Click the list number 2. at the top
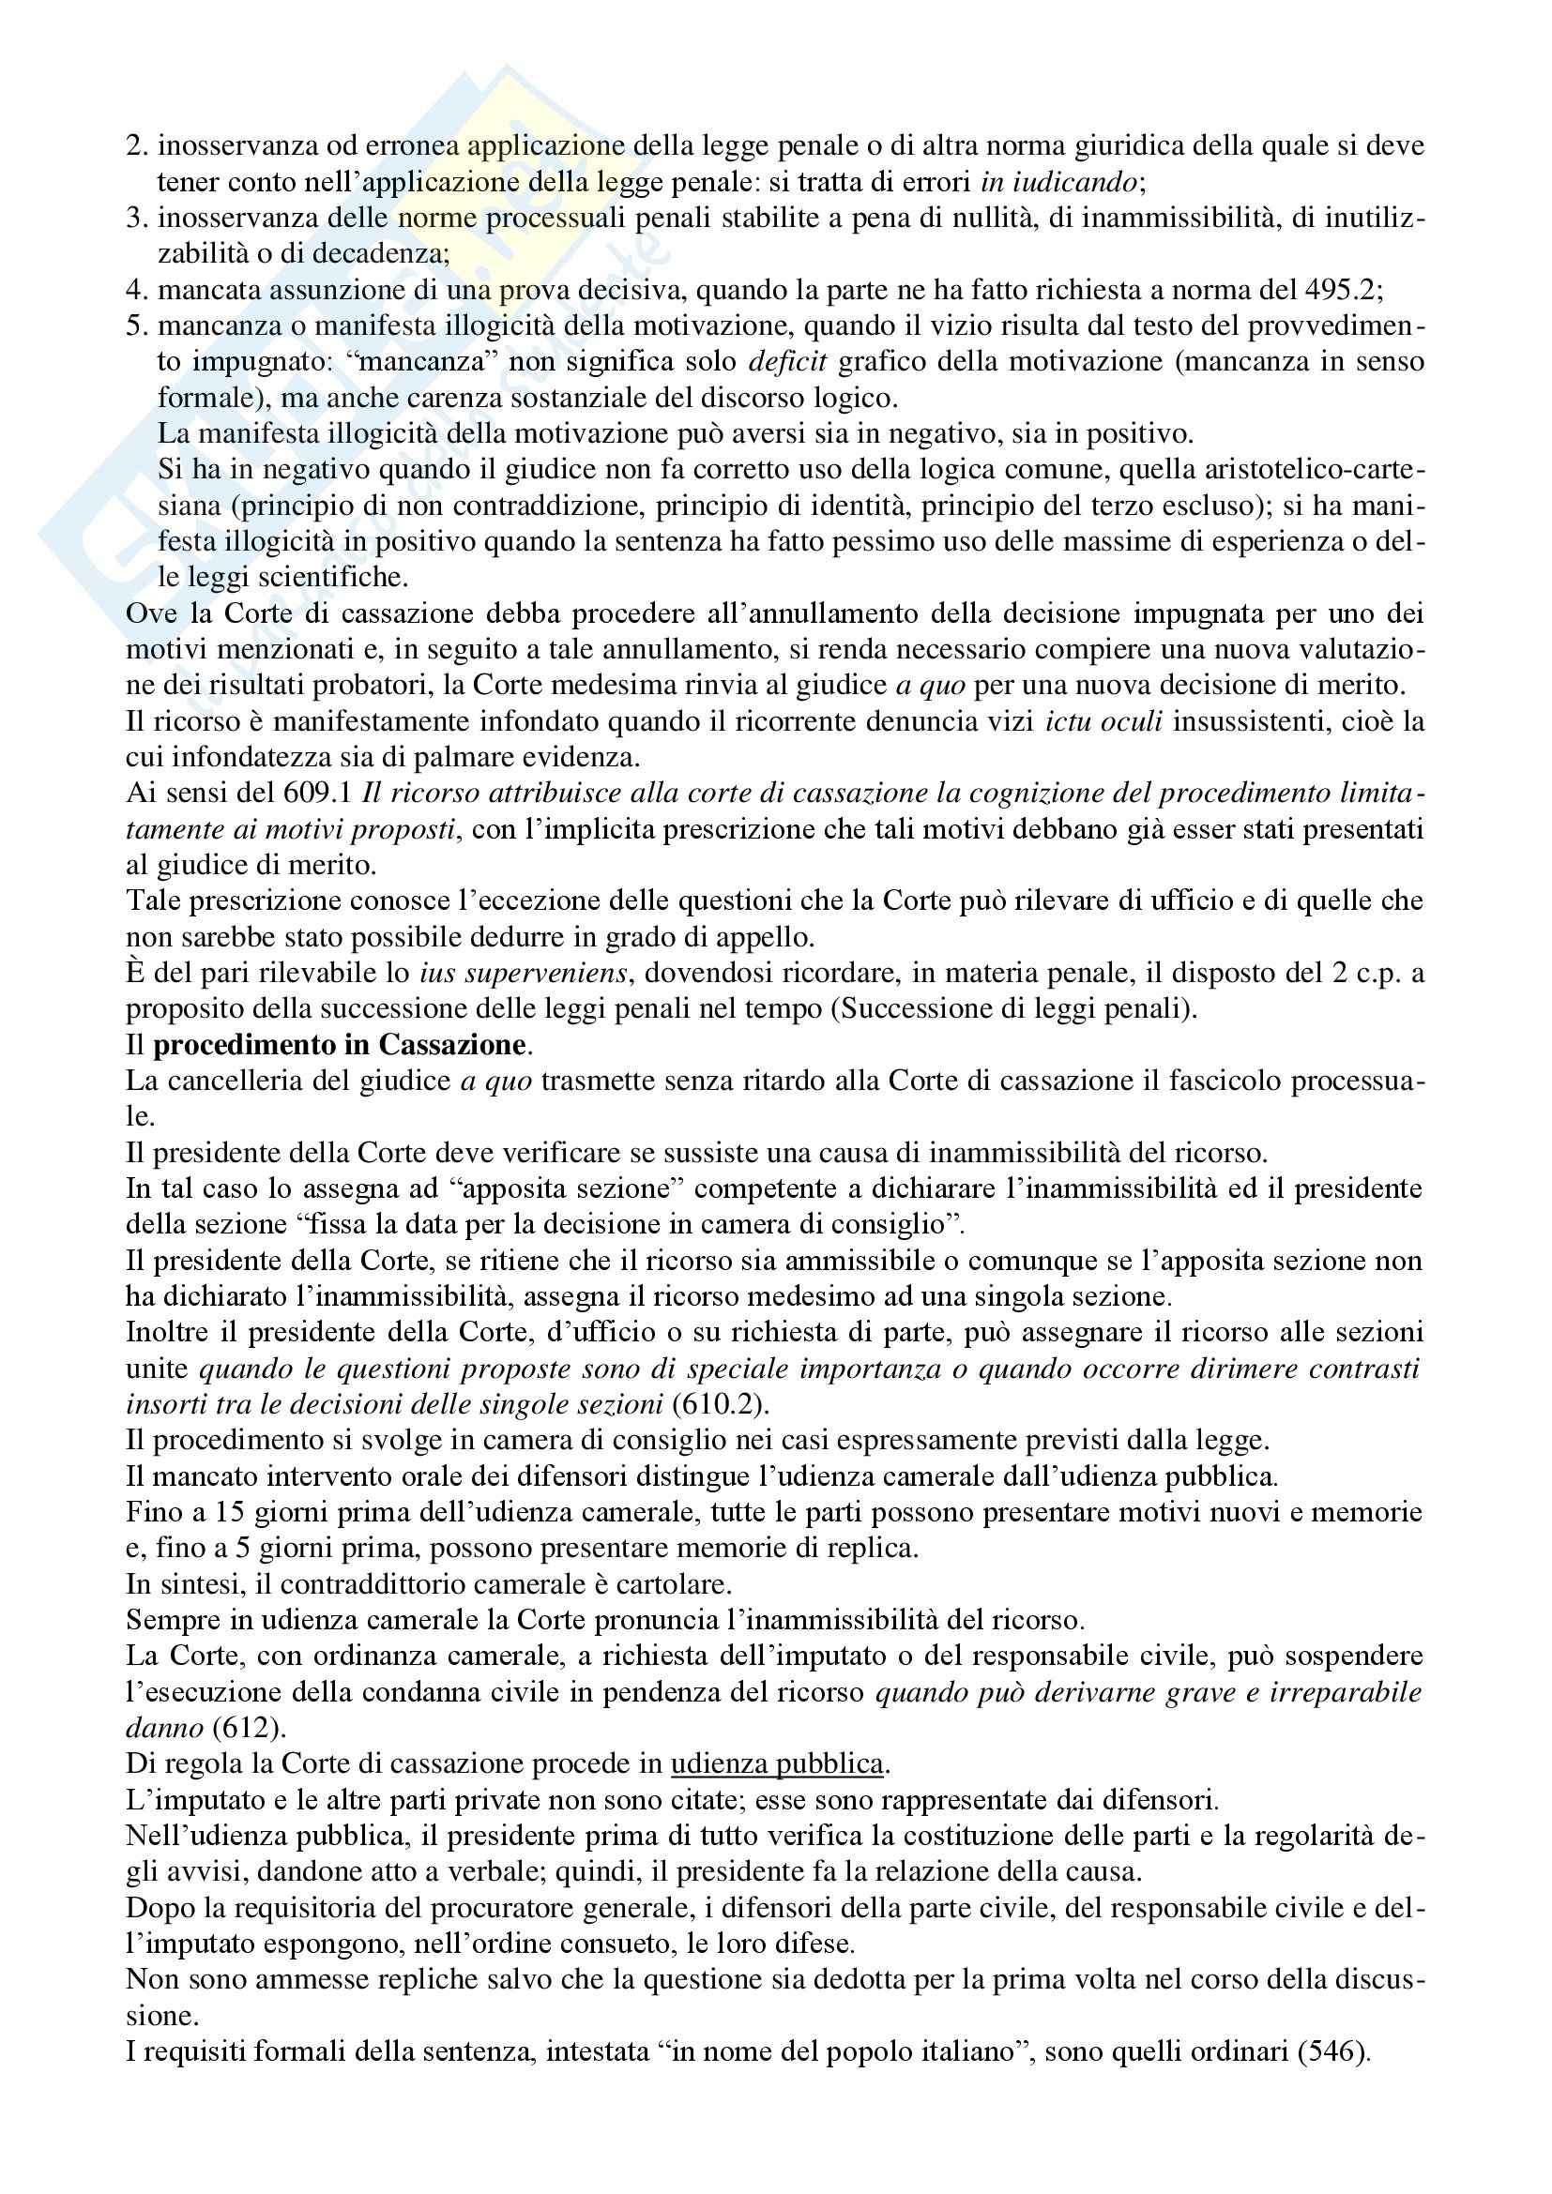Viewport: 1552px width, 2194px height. pyautogui.click(x=137, y=146)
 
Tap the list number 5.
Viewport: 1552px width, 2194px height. pyautogui.click(x=137, y=325)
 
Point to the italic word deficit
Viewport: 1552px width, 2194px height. pyautogui.click(x=787, y=362)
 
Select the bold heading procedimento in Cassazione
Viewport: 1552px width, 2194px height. pyautogui.click(x=339, y=1045)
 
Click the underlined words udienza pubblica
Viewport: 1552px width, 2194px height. pyautogui.click(x=777, y=1764)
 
